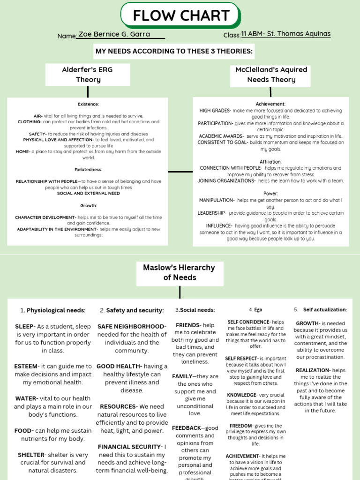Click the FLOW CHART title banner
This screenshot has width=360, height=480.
(x=180, y=15)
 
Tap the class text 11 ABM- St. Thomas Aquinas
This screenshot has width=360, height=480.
(x=285, y=34)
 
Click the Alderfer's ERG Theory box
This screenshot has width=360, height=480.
(x=88, y=75)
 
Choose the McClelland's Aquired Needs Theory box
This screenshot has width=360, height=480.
(x=271, y=75)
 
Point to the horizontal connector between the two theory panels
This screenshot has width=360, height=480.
(x=180, y=172)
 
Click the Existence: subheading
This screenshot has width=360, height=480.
(x=88, y=104)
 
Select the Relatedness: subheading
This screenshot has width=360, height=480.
(x=88, y=169)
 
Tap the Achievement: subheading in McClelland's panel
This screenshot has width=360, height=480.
(x=270, y=104)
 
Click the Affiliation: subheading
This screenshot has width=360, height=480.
(x=270, y=162)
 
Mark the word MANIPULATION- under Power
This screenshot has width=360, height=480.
(x=217, y=200)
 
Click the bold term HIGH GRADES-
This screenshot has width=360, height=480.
(x=215, y=111)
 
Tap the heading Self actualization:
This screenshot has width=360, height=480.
(x=325, y=310)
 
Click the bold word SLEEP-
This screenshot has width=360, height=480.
(x=25, y=326)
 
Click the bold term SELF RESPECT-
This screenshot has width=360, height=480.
(x=241, y=359)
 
